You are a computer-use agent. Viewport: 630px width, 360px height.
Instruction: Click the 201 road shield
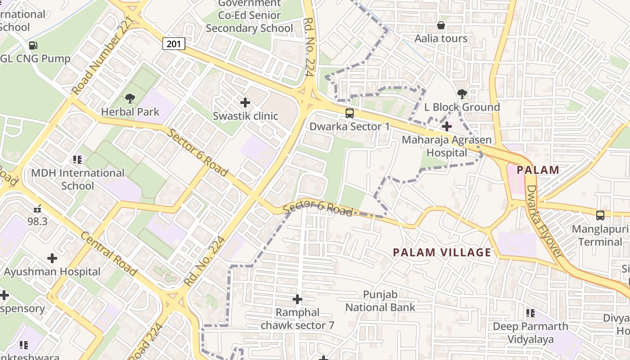tap(174, 44)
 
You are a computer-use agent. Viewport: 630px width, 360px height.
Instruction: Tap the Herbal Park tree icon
tap(130, 98)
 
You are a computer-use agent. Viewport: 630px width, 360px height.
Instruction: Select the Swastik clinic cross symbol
tap(245, 103)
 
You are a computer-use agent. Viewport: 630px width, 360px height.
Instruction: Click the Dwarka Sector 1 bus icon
tap(350, 113)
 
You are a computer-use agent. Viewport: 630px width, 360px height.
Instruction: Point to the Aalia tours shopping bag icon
tap(441, 26)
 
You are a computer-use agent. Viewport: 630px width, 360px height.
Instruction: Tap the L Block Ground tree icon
tap(462, 94)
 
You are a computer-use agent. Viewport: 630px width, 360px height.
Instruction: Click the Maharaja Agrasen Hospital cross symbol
tap(446, 126)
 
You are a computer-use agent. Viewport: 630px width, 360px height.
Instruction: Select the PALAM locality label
tap(538, 170)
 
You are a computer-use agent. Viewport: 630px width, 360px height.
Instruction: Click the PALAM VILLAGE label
tap(442, 252)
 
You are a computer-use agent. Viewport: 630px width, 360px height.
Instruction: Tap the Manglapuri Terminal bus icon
tap(600, 216)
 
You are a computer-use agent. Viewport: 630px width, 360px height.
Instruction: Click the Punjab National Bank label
tap(380, 301)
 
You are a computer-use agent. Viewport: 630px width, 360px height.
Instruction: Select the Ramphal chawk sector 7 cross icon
tap(297, 299)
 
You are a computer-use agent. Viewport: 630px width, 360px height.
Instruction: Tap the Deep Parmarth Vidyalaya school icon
tap(531, 313)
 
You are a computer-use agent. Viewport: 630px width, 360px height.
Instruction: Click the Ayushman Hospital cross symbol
tap(52, 258)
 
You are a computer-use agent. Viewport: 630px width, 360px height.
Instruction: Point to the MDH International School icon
tap(77, 159)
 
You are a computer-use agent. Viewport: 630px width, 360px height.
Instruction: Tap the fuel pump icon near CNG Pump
tap(33, 45)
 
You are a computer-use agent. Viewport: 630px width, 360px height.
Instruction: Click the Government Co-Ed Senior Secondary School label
tap(249, 16)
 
